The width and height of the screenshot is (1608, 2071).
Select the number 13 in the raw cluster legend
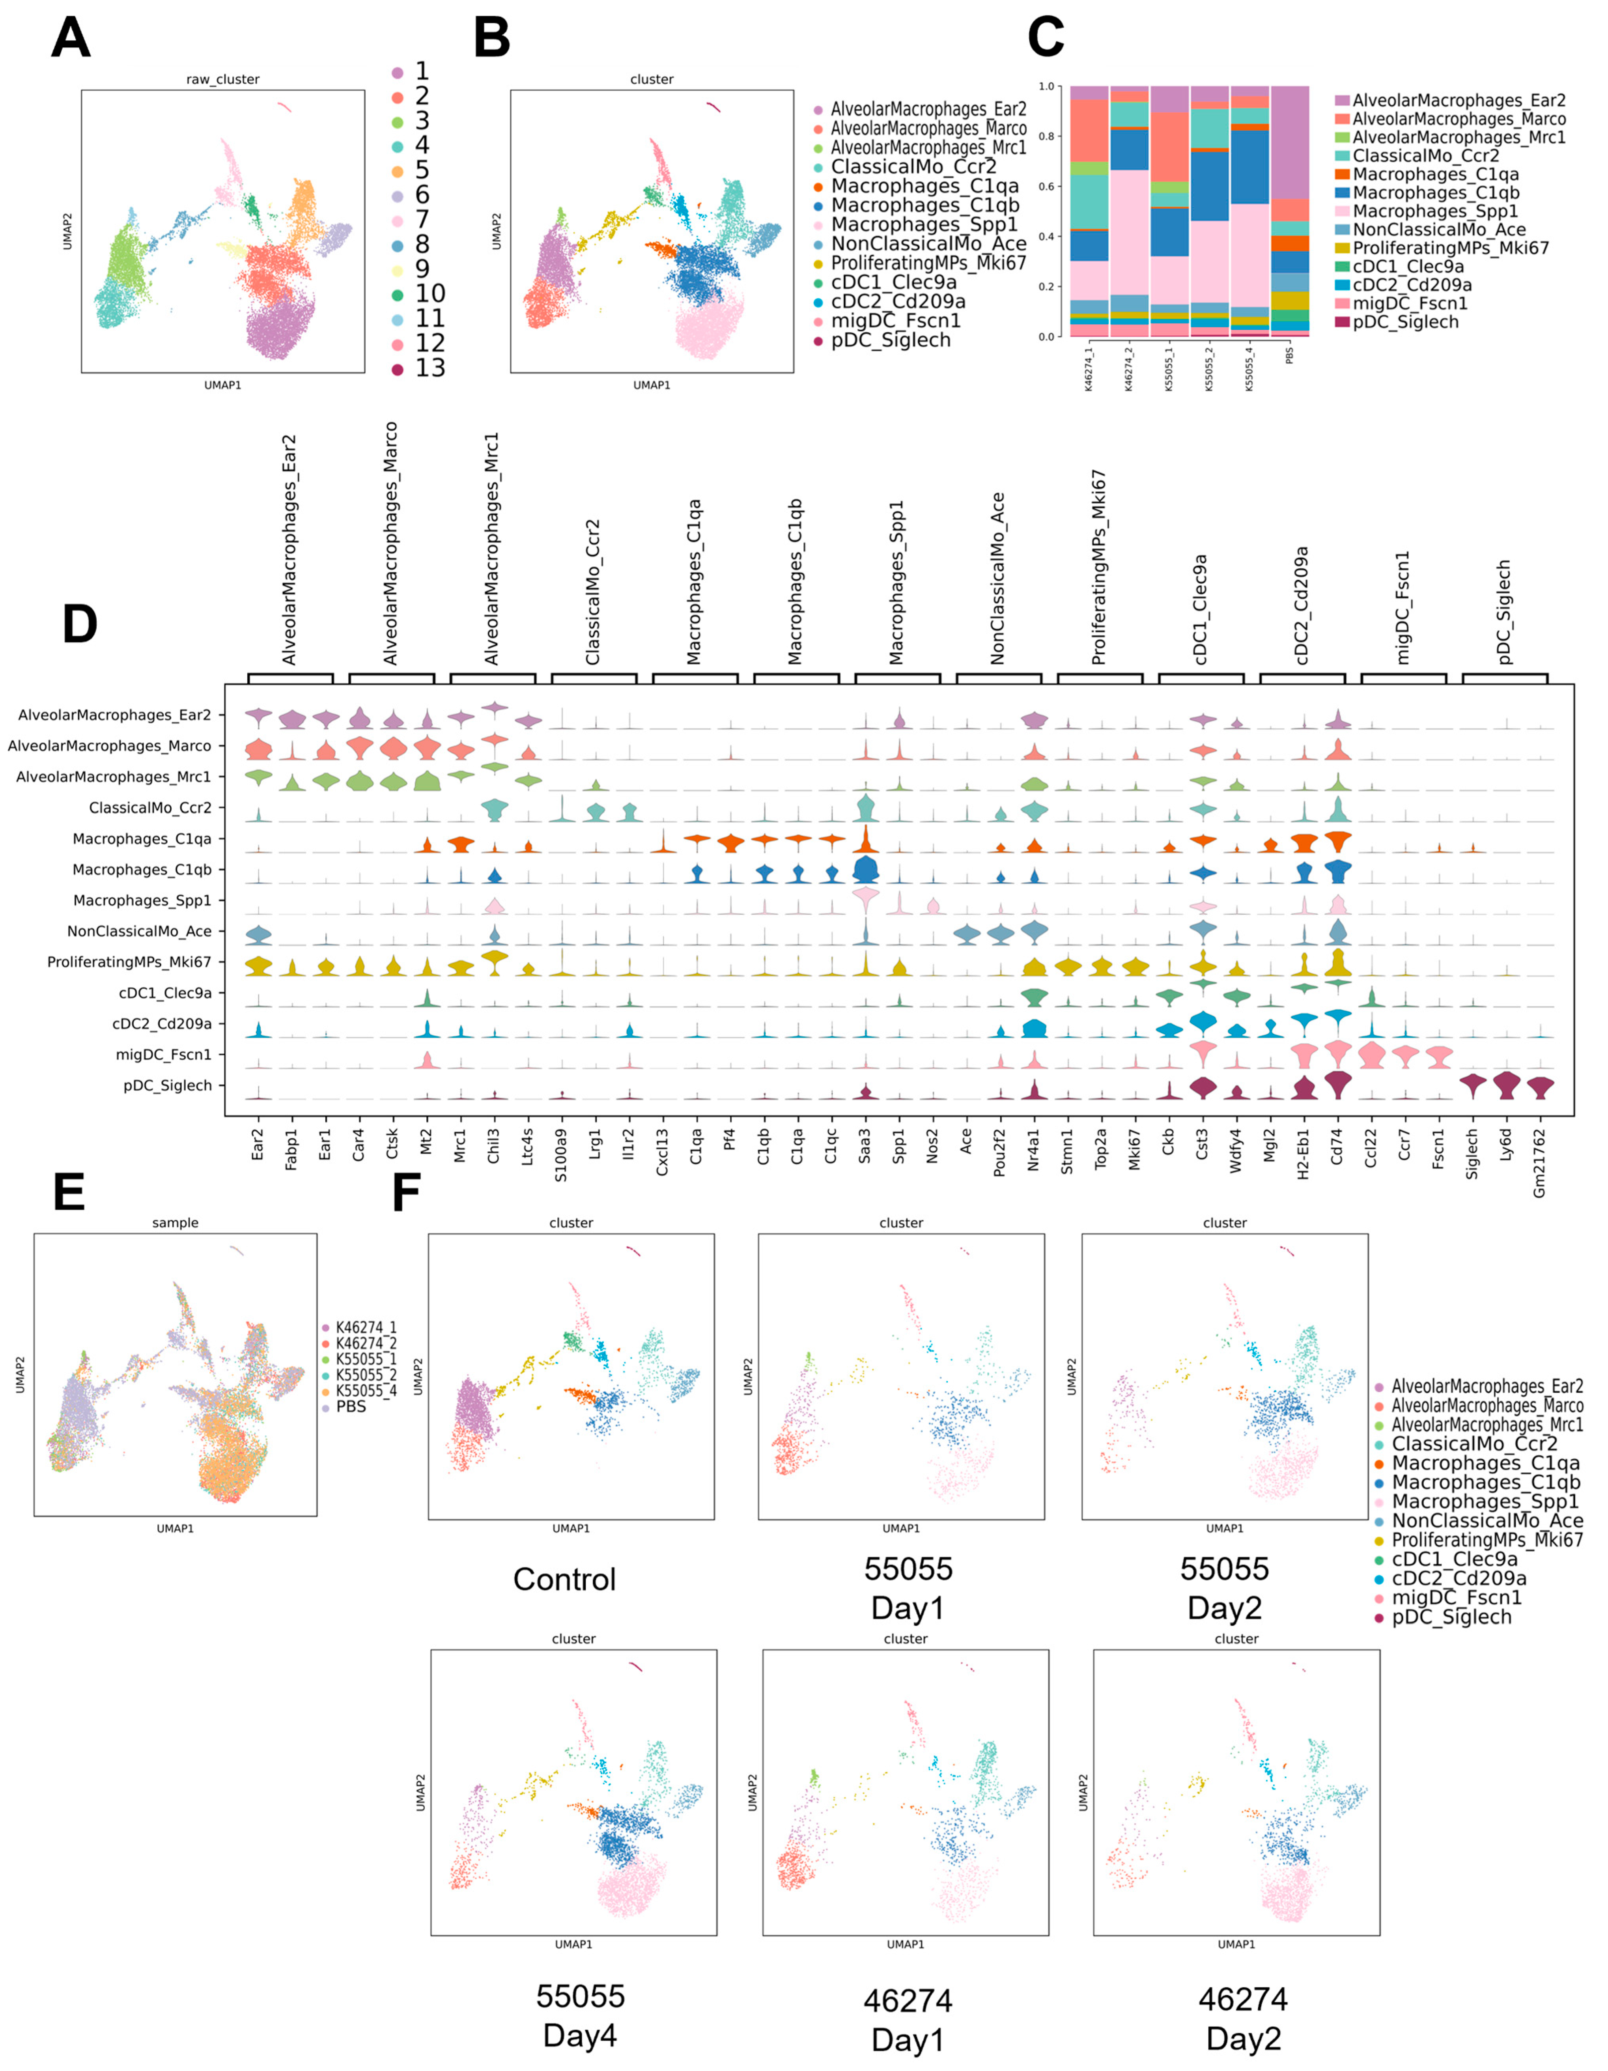[430, 368]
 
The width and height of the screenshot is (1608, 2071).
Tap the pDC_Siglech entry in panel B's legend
[890, 340]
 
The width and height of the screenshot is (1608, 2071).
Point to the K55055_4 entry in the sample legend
[366, 1390]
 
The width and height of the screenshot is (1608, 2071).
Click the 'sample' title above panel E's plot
[176, 1223]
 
